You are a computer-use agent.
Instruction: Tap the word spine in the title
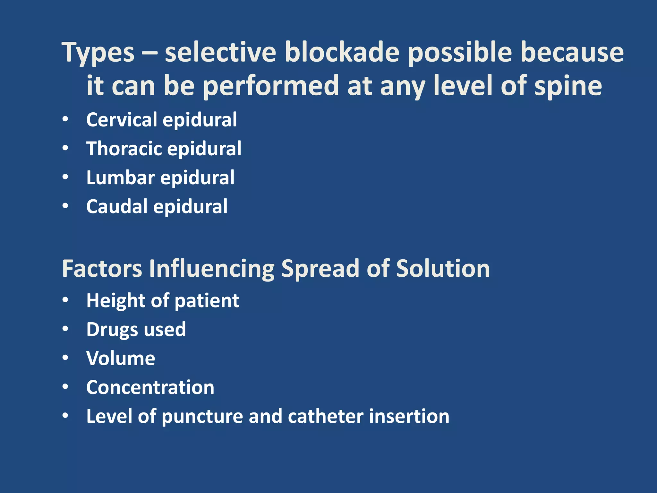568,86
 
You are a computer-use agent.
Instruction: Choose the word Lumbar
121,177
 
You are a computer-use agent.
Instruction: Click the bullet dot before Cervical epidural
65,119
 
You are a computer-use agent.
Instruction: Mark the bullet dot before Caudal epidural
65,206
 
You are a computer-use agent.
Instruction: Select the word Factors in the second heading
102,269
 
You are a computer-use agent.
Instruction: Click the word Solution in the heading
443,269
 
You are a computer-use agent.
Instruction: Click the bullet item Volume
121,359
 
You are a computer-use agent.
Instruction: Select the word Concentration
150,387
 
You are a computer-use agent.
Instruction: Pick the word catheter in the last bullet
326,416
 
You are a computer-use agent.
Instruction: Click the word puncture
202,417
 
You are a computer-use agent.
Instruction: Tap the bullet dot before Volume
65,358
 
